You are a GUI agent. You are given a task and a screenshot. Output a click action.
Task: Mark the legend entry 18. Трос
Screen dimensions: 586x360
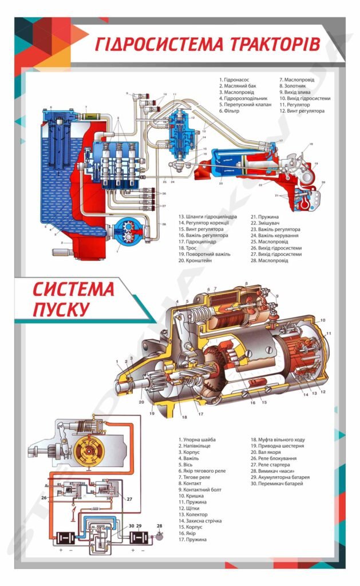191,248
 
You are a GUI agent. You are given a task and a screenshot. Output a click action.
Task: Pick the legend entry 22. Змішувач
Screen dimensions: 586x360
264,223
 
